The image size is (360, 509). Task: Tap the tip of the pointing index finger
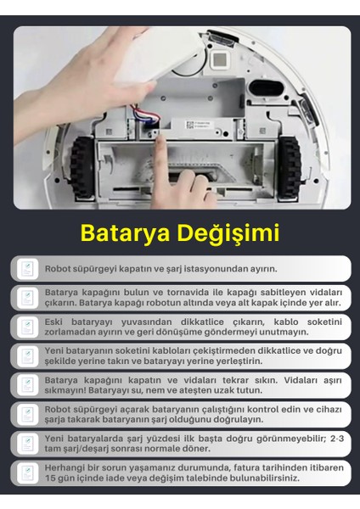(x=160, y=145)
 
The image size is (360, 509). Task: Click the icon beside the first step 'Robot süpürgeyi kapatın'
(x=26, y=268)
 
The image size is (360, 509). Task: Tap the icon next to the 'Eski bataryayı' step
(x=26, y=327)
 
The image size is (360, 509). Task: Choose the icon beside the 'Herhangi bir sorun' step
(x=26, y=473)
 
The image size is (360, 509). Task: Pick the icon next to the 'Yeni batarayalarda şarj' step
(x=26, y=444)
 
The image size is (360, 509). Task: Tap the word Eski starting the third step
(x=53, y=321)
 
